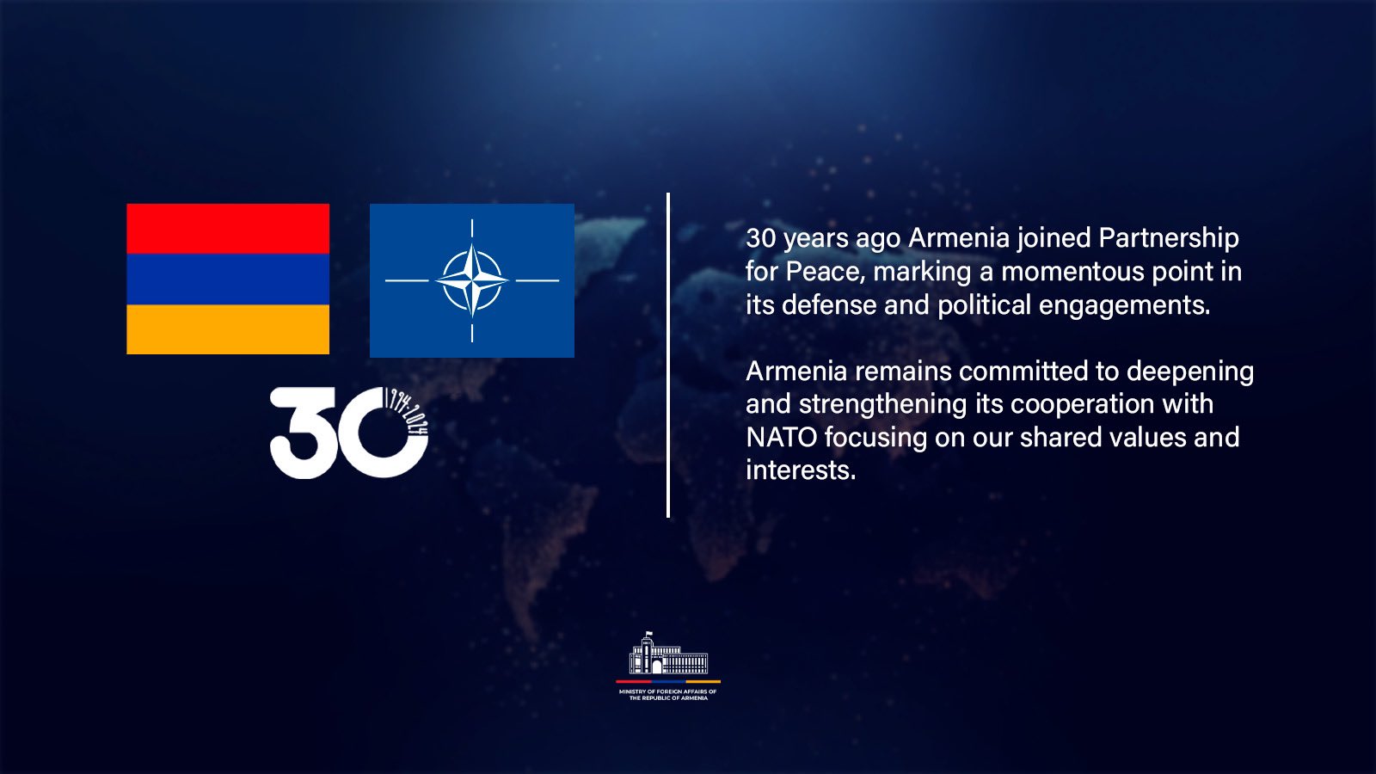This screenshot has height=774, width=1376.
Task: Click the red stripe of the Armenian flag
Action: [x=228, y=229]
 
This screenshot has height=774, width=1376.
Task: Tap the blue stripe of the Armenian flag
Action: [x=228, y=279]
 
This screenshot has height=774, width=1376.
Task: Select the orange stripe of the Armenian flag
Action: [x=228, y=329]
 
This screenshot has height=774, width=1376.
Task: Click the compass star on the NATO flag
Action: [x=472, y=280]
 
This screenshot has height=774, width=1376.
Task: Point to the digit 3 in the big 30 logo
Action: [x=302, y=433]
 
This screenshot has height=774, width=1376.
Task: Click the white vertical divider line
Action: [x=667, y=355]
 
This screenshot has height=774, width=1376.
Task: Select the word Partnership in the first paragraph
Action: [x=1169, y=238]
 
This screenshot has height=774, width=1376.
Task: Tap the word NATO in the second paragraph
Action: [x=781, y=438]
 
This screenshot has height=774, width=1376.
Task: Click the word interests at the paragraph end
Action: [x=801, y=470]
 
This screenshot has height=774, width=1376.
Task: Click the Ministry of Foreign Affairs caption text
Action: [x=668, y=695]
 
